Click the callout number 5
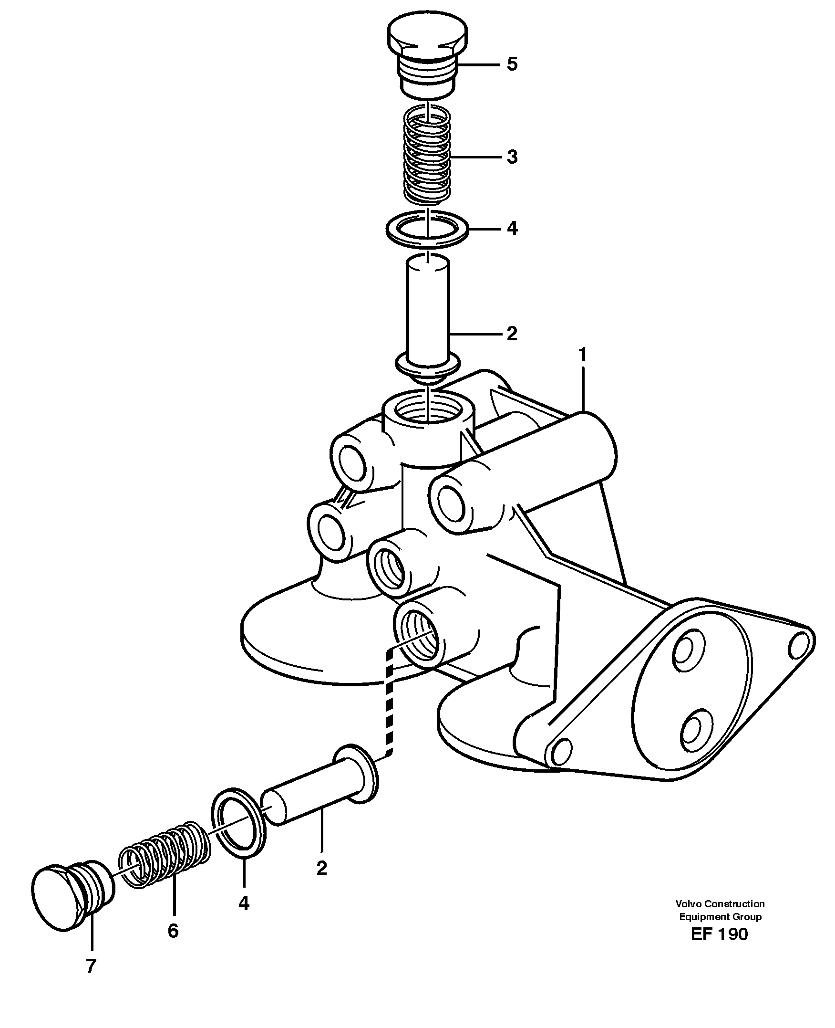512,64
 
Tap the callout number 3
512,157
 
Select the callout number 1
582,355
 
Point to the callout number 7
91,965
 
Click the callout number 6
173,931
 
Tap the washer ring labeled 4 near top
427,229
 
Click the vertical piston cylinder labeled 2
427,308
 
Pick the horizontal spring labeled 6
165,854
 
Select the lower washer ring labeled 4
238,823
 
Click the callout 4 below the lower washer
244,904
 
